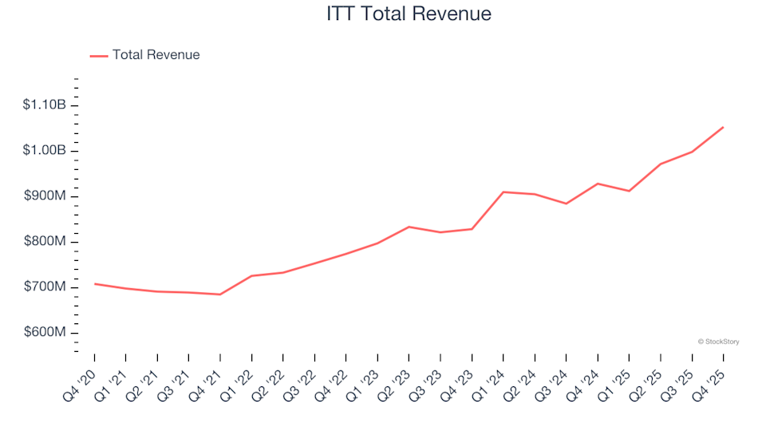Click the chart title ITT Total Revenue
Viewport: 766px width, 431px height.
click(x=409, y=14)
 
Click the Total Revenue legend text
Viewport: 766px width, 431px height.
click(x=156, y=55)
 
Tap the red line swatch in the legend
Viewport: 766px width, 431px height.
click(x=98, y=56)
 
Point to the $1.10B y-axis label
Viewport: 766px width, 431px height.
click(x=45, y=105)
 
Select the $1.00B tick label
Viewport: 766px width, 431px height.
click(x=45, y=151)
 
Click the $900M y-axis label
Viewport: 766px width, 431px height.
click(x=45, y=196)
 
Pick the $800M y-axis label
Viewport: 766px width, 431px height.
click(x=45, y=242)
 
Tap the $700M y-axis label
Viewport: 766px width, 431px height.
click(x=45, y=287)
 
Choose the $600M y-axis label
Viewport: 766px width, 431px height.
click(x=45, y=333)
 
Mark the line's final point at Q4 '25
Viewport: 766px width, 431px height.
click(x=723, y=127)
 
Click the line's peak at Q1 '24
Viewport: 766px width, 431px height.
click(x=503, y=192)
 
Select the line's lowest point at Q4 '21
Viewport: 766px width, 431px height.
click(x=220, y=295)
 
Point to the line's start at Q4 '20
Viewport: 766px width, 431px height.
click(x=94, y=283)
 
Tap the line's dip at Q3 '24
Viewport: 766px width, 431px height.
click(x=567, y=204)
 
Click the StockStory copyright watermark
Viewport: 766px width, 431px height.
click(x=718, y=342)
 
